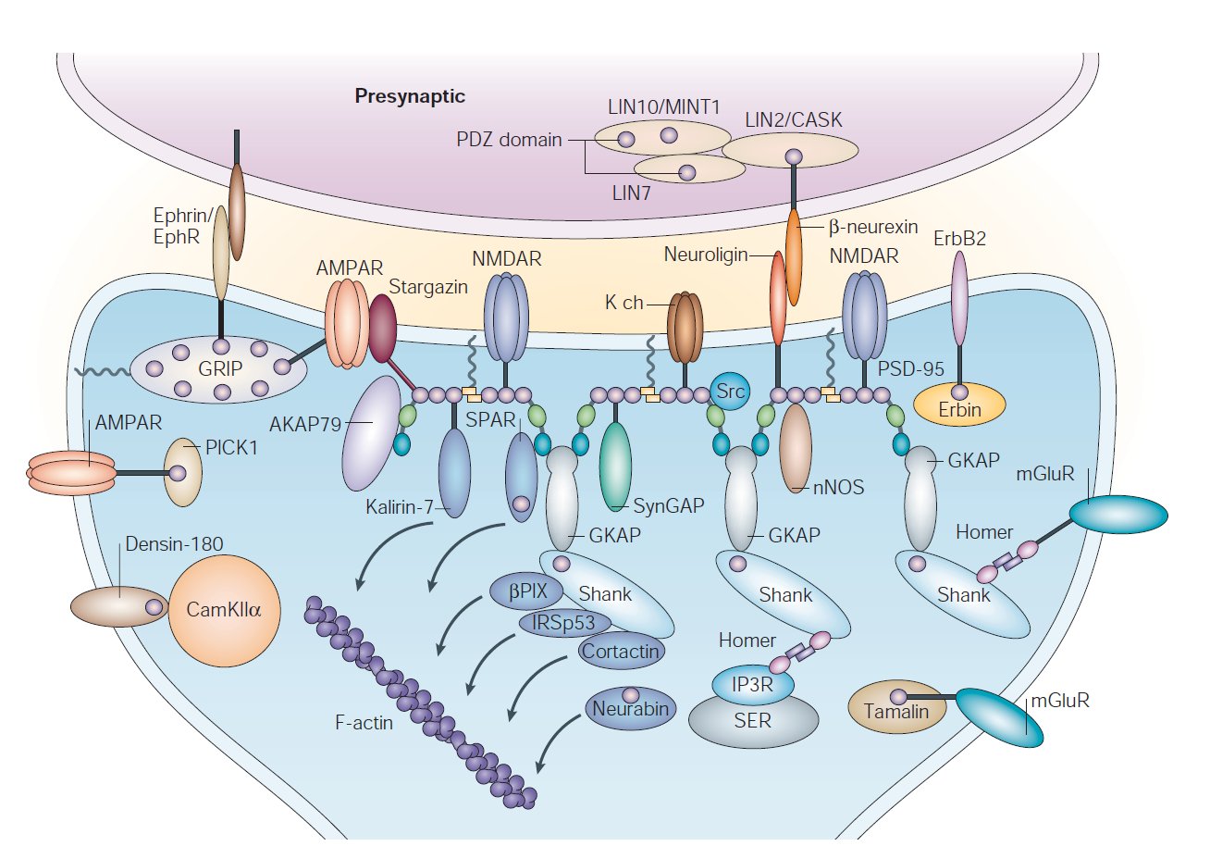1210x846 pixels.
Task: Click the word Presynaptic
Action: point(410,95)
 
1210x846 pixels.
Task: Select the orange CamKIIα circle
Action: point(224,609)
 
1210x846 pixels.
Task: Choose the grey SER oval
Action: point(753,719)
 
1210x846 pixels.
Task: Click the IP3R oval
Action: point(753,686)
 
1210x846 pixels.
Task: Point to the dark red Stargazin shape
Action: point(382,329)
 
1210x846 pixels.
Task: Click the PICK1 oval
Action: point(182,472)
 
